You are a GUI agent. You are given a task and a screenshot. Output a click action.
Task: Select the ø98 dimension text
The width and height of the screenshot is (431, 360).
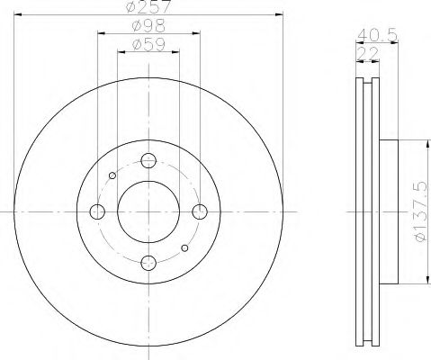148,26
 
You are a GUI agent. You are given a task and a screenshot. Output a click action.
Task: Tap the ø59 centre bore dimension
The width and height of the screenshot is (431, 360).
148,43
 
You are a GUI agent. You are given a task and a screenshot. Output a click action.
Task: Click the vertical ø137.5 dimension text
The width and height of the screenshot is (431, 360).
418,210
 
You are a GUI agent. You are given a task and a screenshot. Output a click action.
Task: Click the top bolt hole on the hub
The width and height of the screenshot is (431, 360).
149,161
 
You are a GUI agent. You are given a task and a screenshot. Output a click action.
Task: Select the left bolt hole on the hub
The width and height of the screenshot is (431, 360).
98,211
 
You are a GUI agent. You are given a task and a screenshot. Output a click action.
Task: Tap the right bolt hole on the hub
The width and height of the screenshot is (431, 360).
200,211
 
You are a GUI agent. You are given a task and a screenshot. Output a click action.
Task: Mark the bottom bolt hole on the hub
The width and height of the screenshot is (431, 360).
149,262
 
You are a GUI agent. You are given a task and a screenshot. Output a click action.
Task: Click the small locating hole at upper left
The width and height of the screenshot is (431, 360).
112,175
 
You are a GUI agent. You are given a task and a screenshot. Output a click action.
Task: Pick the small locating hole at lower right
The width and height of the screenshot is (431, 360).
185,247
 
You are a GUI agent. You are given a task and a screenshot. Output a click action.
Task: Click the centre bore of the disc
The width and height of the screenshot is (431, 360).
149,211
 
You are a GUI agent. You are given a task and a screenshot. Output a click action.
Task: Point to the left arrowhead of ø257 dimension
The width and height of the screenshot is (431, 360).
18,18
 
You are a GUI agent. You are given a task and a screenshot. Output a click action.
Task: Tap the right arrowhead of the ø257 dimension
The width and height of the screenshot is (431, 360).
280,18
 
